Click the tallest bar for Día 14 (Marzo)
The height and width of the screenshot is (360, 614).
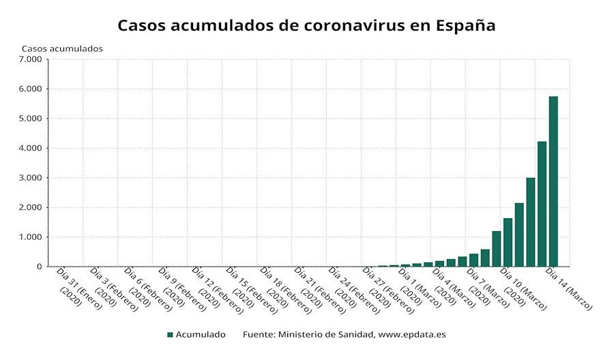553,181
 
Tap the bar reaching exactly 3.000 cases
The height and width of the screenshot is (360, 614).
530,222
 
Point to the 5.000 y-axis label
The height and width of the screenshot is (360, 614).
31,119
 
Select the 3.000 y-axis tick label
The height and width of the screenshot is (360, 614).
31,178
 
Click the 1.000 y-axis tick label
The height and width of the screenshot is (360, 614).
31,237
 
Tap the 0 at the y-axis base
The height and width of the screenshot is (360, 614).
40,267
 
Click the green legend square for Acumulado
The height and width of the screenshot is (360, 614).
171,335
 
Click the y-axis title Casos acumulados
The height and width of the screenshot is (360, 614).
62,48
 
